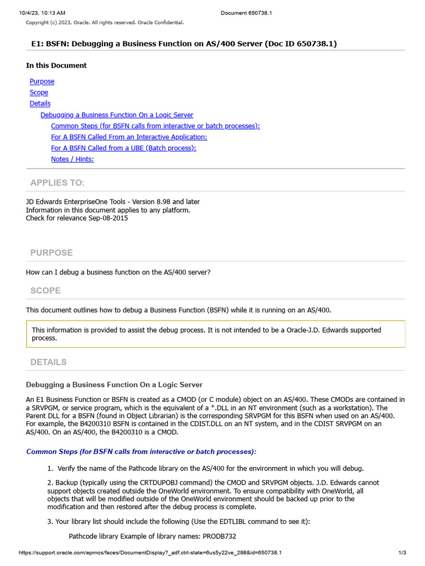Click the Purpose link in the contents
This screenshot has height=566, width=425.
[x=42, y=81]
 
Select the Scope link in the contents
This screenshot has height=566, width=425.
[x=39, y=92]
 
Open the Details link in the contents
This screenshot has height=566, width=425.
[x=40, y=103]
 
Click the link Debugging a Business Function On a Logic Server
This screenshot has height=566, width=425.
[x=117, y=115]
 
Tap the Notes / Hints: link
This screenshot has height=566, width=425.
[x=72, y=159]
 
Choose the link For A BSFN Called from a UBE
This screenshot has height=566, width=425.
[x=123, y=148]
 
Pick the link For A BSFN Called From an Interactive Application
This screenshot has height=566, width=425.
[x=129, y=137]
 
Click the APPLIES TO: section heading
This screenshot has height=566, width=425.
[x=58, y=183]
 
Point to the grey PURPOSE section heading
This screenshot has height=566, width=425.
[x=51, y=253]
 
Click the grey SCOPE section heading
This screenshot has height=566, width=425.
[x=45, y=291]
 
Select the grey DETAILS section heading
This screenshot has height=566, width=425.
[x=49, y=362]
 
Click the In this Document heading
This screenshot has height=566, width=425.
[x=56, y=65]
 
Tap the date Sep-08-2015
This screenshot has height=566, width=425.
[x=108, y=218]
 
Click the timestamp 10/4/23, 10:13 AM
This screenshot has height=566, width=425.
[x=42, y=13]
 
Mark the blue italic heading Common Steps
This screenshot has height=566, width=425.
[x=141, y=452]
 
